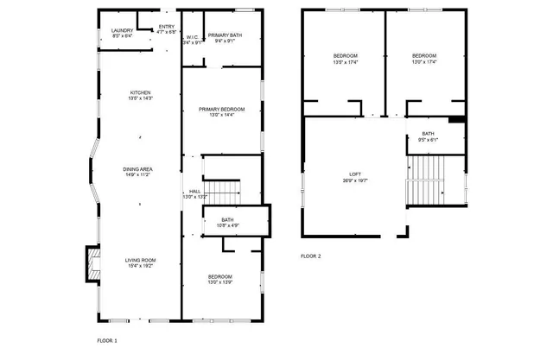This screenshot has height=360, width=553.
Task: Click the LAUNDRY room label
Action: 123,31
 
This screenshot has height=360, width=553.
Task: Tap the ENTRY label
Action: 167,27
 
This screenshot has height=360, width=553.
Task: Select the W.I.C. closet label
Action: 192,37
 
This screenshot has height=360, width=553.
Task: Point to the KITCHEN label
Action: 140,92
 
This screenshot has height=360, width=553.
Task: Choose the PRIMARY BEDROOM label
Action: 221,110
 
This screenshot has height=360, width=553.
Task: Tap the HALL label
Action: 195,192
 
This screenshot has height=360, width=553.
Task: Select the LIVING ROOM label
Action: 140,260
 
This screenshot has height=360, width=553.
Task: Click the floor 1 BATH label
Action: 227,220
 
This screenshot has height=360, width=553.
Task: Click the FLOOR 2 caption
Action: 310,256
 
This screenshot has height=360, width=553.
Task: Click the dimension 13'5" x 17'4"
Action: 346,62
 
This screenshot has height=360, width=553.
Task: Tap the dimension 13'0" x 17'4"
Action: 423,62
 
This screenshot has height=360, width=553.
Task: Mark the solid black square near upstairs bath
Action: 458,120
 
